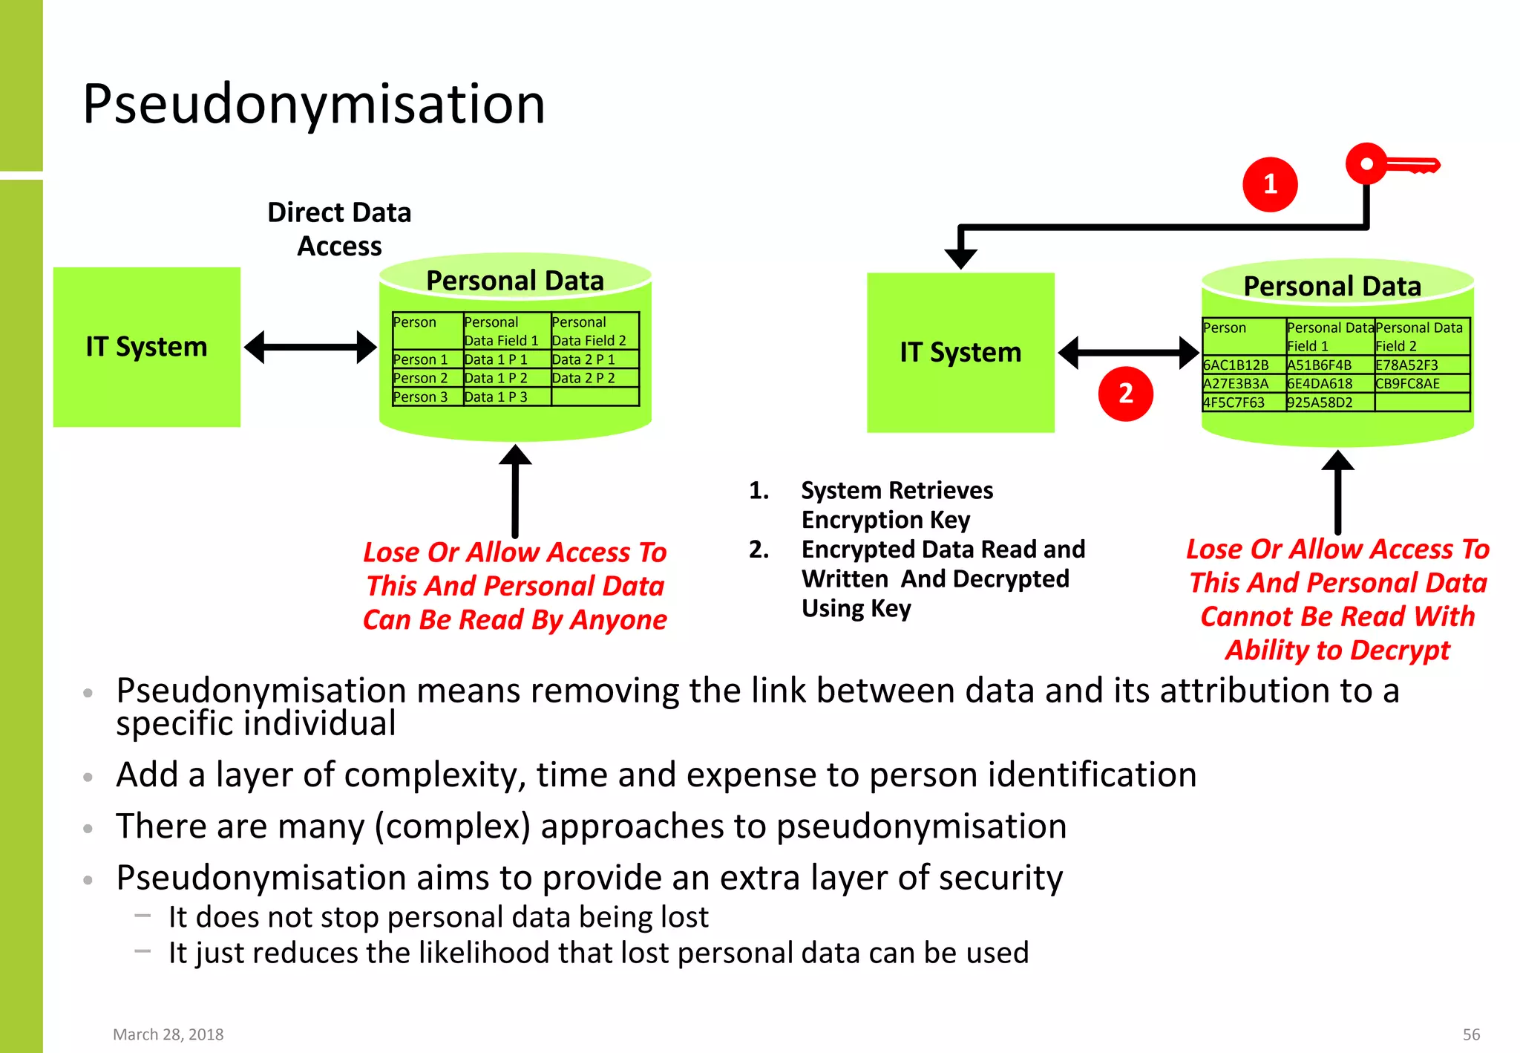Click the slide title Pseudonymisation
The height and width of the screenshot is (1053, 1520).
click(x=314, y=104)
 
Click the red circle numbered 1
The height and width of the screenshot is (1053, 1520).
click(x=1270, y=184)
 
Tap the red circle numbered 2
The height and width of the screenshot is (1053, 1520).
click(x=1125, y=394)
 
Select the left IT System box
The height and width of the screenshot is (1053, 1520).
click(x=147, y=347)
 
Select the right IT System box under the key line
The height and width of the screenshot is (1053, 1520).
click(x=960, y=352)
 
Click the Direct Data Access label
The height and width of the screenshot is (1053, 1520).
click(x=339, y=229)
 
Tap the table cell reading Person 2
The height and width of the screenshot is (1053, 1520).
click(x=420, y=378)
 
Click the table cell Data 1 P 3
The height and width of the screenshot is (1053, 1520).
click(x=497, y=397)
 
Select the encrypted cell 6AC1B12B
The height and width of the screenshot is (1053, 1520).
click(x=1236, y=365)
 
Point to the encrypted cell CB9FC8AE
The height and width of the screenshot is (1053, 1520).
click(x=1408, y=384)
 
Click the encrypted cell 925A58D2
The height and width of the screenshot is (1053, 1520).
click(x=1320, y=402)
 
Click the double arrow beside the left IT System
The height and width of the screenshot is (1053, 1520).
click(x=310, y=347)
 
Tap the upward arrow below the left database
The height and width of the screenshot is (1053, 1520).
click(x=515, y=490)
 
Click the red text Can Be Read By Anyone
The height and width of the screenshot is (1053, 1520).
click(x=514, y=620)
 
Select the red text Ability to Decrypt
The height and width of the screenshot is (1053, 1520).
click(x=1337, y=651)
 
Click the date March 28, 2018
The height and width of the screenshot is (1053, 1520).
click(x=168, y=1034)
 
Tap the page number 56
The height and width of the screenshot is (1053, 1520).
click(x=1471, y=1034)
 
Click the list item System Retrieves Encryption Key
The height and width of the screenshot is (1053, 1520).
click(x=896, y=505)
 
